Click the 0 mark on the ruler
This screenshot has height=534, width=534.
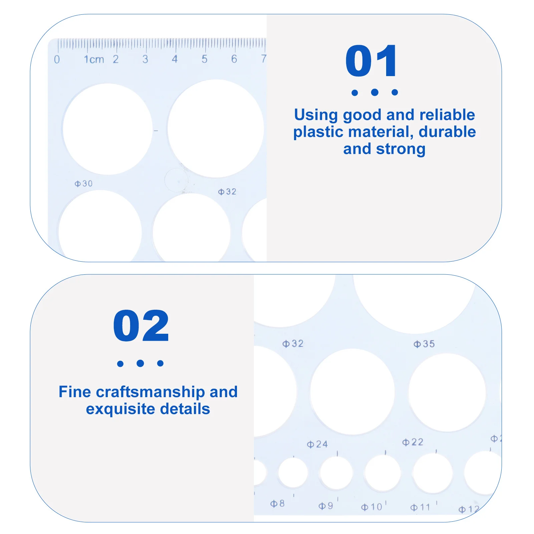pyautogui.click(x=57, y=59)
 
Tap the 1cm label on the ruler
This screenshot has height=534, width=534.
pyautogui.click(x=94, y=59)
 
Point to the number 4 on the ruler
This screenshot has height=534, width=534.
pyautogui.click(x=175, y=59)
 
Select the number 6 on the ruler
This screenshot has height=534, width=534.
pyautogui.click(x=234, y=59)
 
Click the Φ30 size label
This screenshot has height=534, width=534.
pyautogui.click(x=83, y=184)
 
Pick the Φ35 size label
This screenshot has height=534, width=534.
pyautogui.click(x=424, y=344)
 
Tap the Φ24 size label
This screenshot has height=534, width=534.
pyautogui.click(x=317, y=444)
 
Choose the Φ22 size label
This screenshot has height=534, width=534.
pyautogui.click(x=413, y=442)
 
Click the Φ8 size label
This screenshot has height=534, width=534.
pyautogui.click(x=277, y=504)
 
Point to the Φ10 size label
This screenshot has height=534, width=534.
pyautogui.click(x=371, y=507)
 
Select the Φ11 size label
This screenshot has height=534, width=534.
pyautogui.click(x=420, y=507)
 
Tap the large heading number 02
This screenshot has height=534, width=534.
pyautogui.click(x=141, y=326)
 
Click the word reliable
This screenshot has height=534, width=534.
pyautogui.click(x=447, y=115)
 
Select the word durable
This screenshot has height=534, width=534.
pyautogui.click(x=447, y=132)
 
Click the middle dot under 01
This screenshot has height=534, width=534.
pyautogui.click(x=374, y=92)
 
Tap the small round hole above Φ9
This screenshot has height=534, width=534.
pyautogui.click(x=336, y=473)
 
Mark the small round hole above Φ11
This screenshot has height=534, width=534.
pyautogui.click(x=433, y=473)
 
